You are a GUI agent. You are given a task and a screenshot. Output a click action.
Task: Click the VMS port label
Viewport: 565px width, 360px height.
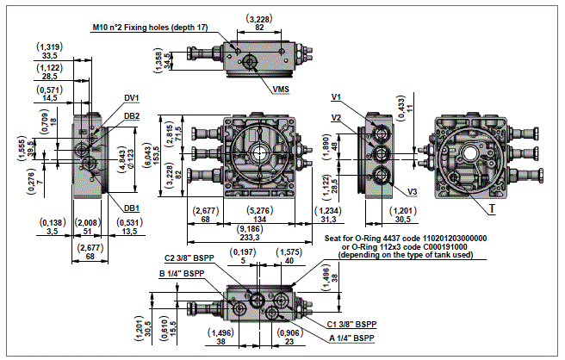280,89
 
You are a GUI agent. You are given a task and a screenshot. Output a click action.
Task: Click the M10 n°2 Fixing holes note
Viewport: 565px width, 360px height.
150,28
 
